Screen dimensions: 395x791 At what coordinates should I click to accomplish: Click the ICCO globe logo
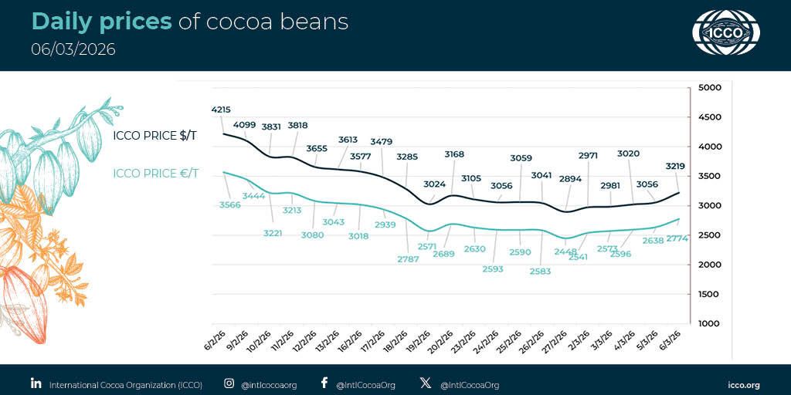coord(726,33)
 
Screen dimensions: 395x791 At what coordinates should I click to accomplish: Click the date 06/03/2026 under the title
coord(73,49)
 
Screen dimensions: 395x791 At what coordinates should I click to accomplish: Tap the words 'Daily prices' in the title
coord(101,22)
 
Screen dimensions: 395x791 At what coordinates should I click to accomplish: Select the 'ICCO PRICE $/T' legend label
coord(154,136)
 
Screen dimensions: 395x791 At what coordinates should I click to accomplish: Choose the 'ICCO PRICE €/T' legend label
coord(155,173)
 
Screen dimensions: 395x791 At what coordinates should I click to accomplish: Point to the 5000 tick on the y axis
coord(708,87)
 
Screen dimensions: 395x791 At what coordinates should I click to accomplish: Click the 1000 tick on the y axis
coord(708,323)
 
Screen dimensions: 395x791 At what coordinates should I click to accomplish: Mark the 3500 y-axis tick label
coord(708,176)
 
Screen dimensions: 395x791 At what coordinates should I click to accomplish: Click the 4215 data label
coord(221,109)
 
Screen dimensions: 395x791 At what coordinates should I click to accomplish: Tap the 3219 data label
coord(675,166)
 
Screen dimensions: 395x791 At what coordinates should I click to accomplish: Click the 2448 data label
coord(565,252)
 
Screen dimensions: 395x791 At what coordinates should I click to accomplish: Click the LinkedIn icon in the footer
coord(36,383)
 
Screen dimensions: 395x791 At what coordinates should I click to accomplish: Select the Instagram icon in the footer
coord(229,383)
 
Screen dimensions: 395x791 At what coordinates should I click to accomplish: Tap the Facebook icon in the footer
coord(324,383)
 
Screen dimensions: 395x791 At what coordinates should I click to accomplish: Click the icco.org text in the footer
coord(744,384)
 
